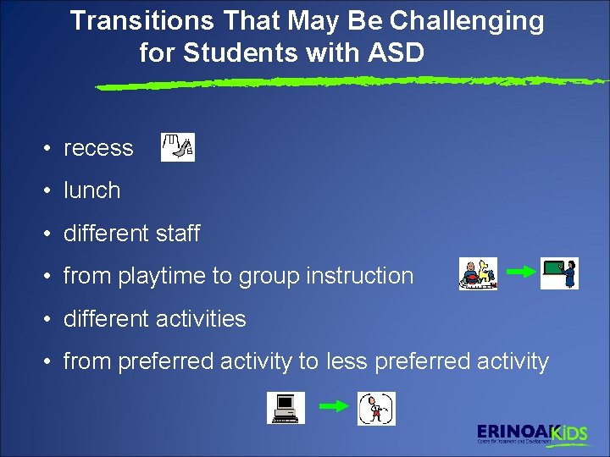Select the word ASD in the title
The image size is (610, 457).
point(396,53)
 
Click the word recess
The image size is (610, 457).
point(98,148)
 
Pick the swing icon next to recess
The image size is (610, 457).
point(178,147)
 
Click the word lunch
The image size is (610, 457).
point(91,190)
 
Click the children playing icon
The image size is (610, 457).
point(478,274)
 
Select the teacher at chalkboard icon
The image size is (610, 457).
point(559,273)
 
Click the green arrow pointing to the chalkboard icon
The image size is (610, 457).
point(519,271)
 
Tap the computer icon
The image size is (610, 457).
point(286,409)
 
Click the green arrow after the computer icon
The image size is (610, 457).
point(333,406)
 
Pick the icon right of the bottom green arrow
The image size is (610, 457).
point(376,409)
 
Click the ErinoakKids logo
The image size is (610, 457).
point(531,433)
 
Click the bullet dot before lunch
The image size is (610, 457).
point(51,191)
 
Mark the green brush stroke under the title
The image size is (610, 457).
point(347,83)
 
